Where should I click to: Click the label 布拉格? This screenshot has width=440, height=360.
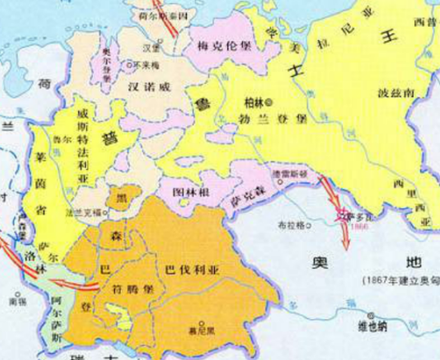291,227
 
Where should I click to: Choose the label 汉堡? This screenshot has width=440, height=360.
150,45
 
